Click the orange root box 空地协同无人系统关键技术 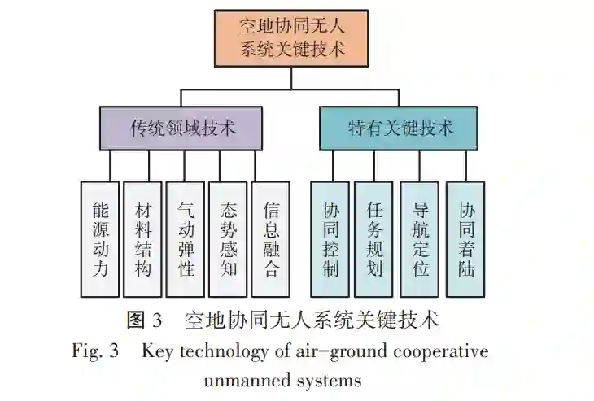point(291,37)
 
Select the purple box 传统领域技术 point(181,128)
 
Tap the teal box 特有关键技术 point(399,128)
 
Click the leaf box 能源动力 point(100,238)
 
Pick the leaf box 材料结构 point(142,238)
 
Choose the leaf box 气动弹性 point(186,238)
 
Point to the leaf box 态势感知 point(229,238)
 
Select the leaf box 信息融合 point(271,238)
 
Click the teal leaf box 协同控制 point(330,238)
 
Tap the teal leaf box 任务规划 point(374,238)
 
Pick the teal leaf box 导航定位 point(420,238)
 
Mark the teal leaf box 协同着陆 point(465,238)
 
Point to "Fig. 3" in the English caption point(95,351)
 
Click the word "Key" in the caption point(158,351)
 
